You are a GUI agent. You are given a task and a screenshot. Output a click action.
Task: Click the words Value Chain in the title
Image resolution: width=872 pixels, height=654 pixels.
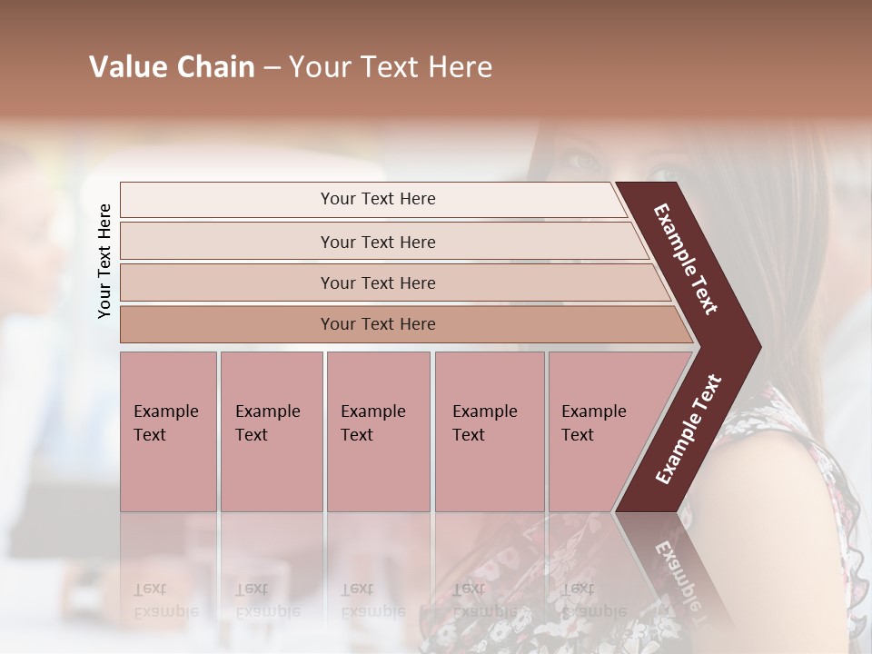pyautogui.click(x=172, y=67)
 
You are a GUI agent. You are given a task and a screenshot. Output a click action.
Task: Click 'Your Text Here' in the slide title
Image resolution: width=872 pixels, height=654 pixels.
pyautogui.click(x=391, y=67)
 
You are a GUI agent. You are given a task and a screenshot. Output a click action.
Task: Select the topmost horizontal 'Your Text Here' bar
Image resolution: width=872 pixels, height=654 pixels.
pyautogui.click(x=377, y=199)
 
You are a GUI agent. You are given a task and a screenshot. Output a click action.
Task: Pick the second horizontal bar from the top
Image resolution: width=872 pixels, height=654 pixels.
pyautogui.click(x=377, y=242)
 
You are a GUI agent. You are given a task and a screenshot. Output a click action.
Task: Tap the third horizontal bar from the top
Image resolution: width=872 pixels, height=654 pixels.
pyautogui.click(x=377, y=282)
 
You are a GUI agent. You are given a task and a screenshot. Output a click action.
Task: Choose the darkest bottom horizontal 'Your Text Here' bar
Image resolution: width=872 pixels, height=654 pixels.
pyautogui.click(x=377, y=324)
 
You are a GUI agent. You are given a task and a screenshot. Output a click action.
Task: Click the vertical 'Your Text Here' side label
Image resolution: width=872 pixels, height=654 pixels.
pyautogui.click(x=104, y=261)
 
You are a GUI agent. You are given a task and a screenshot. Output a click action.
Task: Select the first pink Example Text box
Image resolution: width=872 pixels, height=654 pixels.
pyautogui.click(x=168, y=431)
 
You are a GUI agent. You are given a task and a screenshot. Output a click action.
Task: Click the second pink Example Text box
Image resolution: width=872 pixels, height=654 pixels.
pyautogui.click(x=271, y=431)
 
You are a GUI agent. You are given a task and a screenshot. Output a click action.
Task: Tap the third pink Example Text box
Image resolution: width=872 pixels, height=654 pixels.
pyautogui.click(x=378, y=431)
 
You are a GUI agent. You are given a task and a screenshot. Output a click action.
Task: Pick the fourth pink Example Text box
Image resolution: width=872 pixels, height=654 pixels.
pyautogui.click(x=490, y=431)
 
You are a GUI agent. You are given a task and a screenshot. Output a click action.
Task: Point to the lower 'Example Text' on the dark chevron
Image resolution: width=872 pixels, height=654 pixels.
pyautogui.click(x=689, y=430)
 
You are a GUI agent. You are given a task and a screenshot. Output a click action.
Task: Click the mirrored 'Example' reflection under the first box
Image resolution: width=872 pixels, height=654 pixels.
pyautogui.click(x=165, y=611)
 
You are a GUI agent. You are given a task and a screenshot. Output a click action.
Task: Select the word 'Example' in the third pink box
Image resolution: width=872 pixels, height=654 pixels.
pyautogui.click(x=372, y=411)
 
